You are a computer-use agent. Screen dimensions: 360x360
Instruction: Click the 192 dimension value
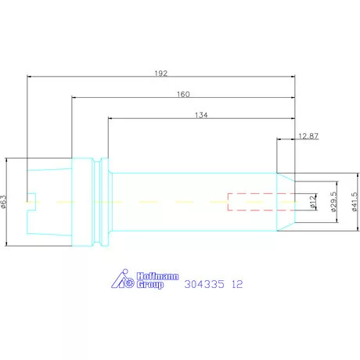pos(160,74)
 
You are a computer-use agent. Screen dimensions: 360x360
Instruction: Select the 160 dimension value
pos(183,94)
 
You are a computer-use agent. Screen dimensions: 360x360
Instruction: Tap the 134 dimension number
pos(201,115)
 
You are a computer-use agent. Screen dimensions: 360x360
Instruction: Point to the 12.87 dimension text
pos(308,136)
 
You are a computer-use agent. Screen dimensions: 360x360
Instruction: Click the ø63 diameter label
pos(3,202)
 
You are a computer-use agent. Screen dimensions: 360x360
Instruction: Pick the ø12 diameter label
pos(312,202)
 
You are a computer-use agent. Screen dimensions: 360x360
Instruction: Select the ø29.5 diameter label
pos(333,202)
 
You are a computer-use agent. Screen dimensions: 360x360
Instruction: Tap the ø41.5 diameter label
pos(355,202)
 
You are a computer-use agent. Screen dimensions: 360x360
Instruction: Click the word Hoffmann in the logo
pos(158,276)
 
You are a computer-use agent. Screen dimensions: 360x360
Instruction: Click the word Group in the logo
pos(150,284)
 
